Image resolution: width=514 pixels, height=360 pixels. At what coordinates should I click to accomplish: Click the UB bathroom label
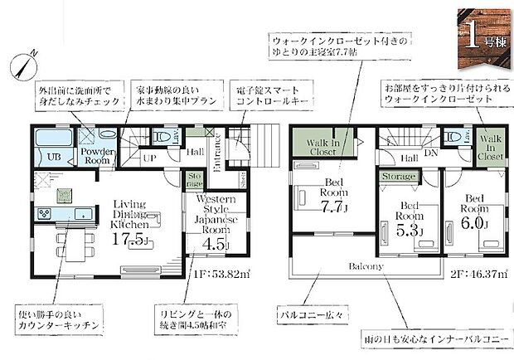(52, 156)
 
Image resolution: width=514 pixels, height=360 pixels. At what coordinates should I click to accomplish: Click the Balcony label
(366, 266)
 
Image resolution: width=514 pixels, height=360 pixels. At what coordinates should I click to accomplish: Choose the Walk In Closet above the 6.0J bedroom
(490, 147)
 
